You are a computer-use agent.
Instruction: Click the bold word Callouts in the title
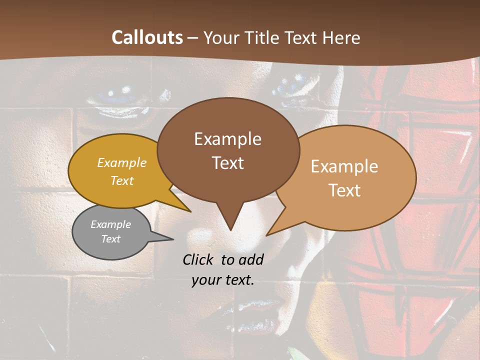(x=147, y=37)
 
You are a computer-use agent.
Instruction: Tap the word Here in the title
(x=340, y=37)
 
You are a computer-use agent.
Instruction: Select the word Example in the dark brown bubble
(x=227, y=139)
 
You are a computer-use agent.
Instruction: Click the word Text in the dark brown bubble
(x=227, y=163)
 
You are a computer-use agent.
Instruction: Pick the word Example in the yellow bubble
(x=122, y=162)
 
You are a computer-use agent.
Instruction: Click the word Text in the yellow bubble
(x=122, y=180)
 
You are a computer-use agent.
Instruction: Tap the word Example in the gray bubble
(x=110, y=224)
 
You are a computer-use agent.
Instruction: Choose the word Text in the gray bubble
(x=110, y=239)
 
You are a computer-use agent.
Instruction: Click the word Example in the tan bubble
(x=344, y=166)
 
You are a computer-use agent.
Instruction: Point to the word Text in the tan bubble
(x=344, y=190)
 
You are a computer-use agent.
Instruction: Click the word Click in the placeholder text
(x=198, y=259)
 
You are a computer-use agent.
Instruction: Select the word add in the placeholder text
(x=251, y=259)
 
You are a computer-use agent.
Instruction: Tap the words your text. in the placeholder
(x=223, y=280)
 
